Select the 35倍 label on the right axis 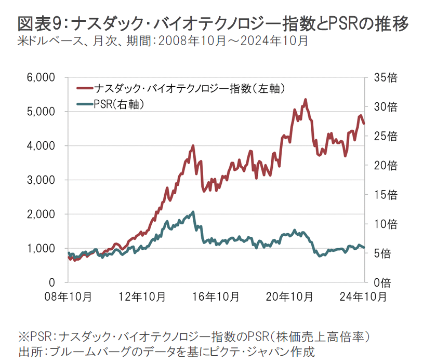point(385,78)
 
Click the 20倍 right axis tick point(385,166)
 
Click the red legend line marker point(83,89)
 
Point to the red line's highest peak point(306,99)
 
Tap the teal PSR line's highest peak point(193,212)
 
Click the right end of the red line point(364,123)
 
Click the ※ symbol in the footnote point(23,338)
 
